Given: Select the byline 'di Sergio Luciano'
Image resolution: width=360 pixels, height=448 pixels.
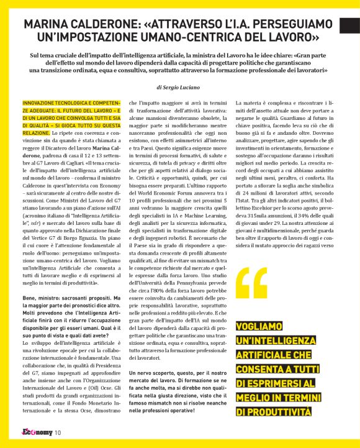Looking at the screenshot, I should pyautogui.click(x=180, y=88).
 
